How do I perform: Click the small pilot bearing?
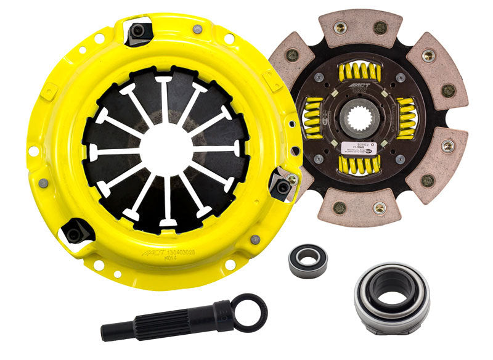click(308, 260)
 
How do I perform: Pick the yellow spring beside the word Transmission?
click(407, 118)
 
